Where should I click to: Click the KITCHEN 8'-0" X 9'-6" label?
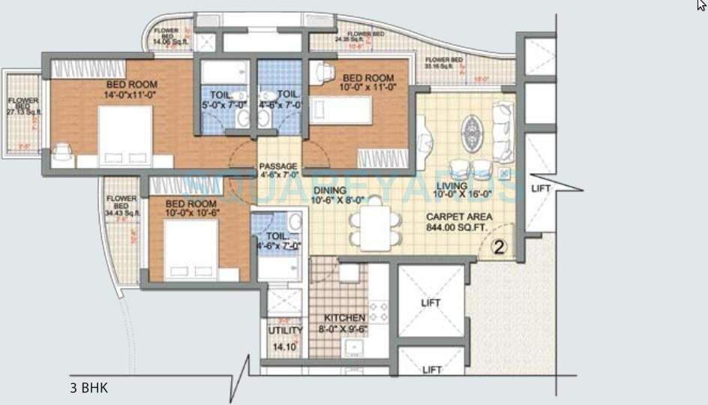pyautogui.click(x=345, y=322)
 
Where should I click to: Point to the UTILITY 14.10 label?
pyautogui.click(x=285, y=338)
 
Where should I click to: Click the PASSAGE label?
pyautogui.click(x=278, y=170)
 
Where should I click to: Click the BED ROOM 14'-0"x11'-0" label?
pyautogui.click(x=131, y=90)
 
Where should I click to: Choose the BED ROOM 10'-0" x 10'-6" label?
pyautogui.click(x=191, y=208)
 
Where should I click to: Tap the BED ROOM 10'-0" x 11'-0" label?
pyautogui.click(x=368, y=82)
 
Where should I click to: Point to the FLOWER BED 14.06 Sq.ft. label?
pyautogui.click(x=166, y=37)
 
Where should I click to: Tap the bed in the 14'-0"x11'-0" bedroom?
pyautogui.click(x=125, y=136)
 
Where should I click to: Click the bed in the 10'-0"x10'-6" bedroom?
pyautogui.click(x=190, y=250)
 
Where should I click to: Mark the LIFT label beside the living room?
pyautogui.click(x=541, y=189)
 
